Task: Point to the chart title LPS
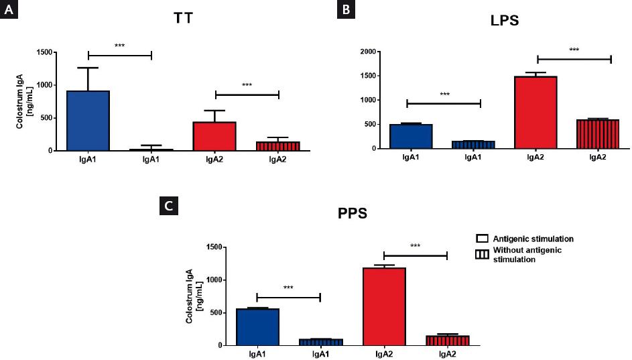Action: point(504,21)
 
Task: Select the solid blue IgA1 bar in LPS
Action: point(407,136)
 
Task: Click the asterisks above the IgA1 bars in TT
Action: point(120,46)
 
